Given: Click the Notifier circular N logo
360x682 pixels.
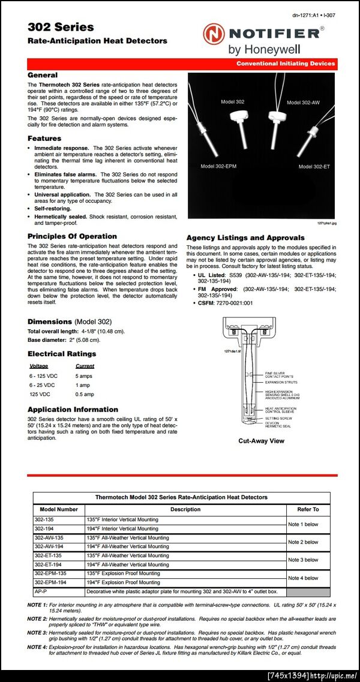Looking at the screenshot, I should [214, 34].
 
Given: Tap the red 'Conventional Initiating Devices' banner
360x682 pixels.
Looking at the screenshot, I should [285, 64].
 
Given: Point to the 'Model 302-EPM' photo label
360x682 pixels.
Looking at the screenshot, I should [218, 166].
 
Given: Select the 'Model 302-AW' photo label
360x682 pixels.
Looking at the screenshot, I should [303, 103].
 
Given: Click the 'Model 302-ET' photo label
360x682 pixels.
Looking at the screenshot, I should [314, 166].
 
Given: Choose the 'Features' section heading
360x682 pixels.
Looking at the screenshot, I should [44, 139].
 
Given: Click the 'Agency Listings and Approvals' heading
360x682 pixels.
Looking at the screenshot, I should [245, 238].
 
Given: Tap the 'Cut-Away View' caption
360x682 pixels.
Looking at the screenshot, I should [261, 441].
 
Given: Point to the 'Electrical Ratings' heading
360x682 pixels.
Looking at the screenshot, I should [62, 354].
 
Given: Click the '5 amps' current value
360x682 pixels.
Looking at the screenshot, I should [84, 375].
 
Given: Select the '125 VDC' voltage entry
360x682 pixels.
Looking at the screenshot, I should [40, 394].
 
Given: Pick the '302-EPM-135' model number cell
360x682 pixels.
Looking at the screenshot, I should [50, 573].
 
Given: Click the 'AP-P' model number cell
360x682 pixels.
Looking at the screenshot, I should [41, 591].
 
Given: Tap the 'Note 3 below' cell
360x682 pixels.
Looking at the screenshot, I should [303, 560].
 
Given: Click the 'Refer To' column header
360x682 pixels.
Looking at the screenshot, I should [308, 509].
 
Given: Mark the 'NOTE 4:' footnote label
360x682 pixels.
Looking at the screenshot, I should [38, 648].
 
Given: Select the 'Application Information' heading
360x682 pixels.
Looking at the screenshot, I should [73, 410].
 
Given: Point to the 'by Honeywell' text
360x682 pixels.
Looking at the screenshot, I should [265, 49].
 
